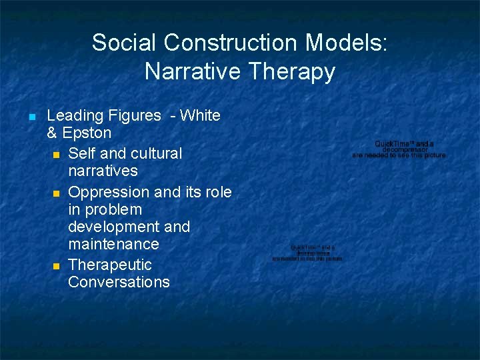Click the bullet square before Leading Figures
point(31,117)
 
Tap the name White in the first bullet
point(200,115)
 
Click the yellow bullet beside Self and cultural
point(57,155)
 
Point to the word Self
point(82,153)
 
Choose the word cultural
point(155,153)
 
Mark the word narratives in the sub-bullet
point(103,171)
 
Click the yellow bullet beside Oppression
point(57,193)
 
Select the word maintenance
point(113,244)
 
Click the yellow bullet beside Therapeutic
point(57,266)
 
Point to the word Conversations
point(119,282)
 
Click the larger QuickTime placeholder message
point(399,149)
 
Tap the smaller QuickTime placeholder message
point(307,253)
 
